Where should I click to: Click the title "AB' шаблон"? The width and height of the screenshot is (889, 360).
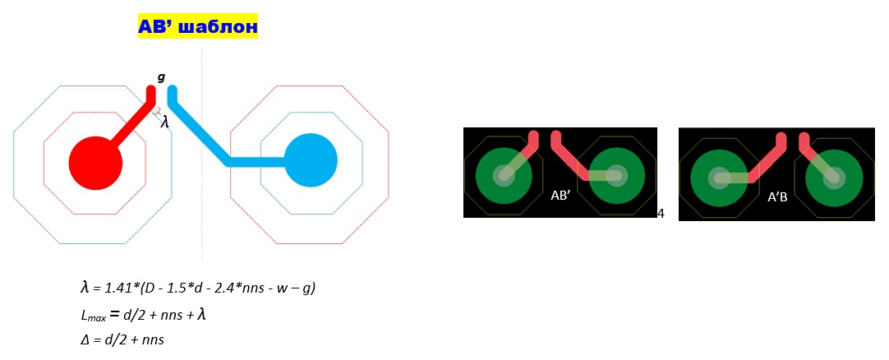click(x=197, y=28)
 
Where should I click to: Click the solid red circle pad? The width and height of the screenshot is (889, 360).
click(x=95, y=162)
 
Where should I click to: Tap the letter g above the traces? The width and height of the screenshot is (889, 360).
click(x=161, y=77)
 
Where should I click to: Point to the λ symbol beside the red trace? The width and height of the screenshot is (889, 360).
click(x=164, y=122)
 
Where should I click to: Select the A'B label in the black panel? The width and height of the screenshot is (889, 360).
click(x=777, y=196)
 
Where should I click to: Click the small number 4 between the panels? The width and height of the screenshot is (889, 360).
click(x=661, y=214)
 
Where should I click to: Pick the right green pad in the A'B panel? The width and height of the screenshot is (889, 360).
click(x=833, y=176)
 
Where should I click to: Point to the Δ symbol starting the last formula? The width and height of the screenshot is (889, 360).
click(x=85, y=339)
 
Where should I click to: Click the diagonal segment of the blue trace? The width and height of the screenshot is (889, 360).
click(x=200, y=131)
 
